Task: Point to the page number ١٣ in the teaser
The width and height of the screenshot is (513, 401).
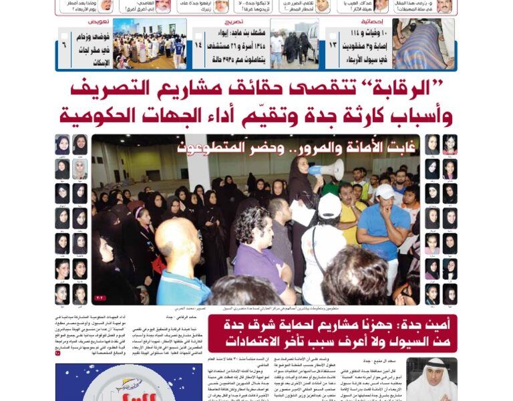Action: coord(332,44)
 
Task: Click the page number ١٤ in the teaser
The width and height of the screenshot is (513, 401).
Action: coord(198,44)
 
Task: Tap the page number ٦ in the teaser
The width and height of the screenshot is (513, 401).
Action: coord(64,44)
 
